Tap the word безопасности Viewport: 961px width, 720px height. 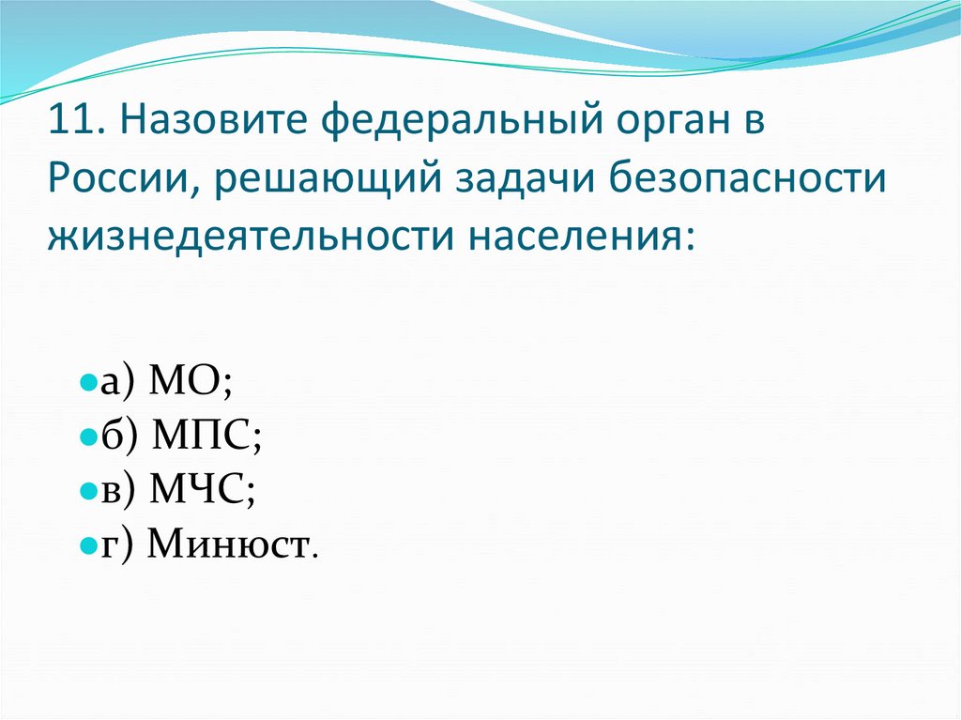752,178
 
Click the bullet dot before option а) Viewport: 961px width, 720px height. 85,384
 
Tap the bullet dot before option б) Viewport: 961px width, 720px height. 85,437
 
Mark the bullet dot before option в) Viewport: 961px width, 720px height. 85,491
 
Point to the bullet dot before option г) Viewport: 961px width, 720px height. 85,544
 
